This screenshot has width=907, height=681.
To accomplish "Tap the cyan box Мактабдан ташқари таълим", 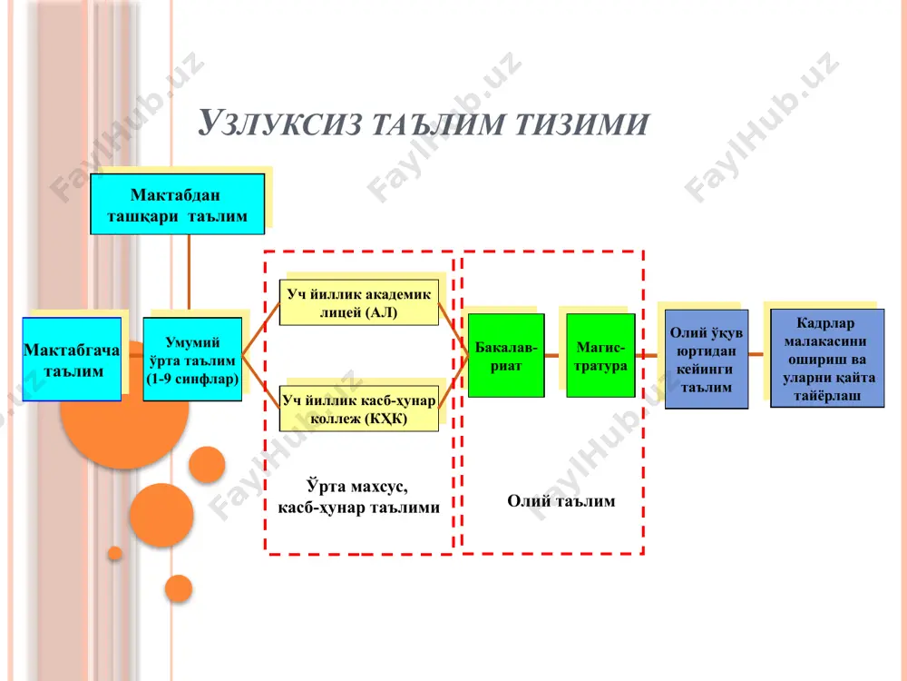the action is tap(178, 203).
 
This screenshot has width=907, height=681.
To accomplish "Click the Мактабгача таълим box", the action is tap(73, 359).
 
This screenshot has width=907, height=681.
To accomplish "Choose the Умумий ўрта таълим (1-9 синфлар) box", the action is tap(192, 359).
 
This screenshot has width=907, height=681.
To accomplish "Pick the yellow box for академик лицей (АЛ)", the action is tap(358, 303).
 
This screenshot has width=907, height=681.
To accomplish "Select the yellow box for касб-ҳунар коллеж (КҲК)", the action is tap(358, 409).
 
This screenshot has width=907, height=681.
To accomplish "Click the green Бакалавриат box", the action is tap(506, 356).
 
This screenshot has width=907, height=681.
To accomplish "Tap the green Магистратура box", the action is tap(600, 356).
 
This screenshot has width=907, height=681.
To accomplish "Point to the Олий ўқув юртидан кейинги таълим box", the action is tap(707, 359).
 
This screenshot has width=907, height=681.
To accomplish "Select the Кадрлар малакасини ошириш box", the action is tap(827, 359).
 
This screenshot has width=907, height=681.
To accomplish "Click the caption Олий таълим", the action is tap(561, 501).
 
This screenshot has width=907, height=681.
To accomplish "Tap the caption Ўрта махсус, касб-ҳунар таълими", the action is tap(358, 497).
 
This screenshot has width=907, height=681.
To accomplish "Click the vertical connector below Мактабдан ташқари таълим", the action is tap(190, 272).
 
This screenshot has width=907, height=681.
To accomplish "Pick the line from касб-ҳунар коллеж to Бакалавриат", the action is tap(453, 383).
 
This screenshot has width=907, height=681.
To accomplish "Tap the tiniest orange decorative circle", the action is tap(115, 554).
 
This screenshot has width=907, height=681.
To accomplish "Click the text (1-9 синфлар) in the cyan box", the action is tap(192, 380).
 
